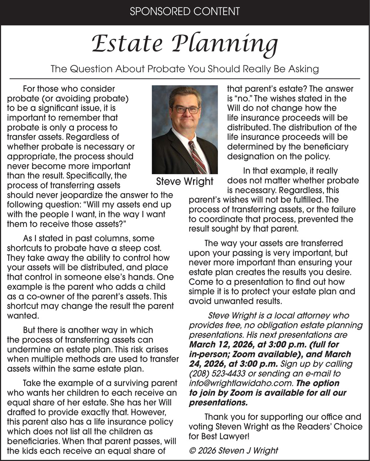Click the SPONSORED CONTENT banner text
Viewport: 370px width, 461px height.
pos(185,11)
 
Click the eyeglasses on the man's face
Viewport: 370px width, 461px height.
pos(186,109)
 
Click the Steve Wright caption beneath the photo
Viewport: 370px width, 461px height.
pos(185,181)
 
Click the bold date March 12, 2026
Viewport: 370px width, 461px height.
pos(219,345)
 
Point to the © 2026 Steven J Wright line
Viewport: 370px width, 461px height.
pos(233,451)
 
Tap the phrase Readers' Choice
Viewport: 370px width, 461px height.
pos(332,427)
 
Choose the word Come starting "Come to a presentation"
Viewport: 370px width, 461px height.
pos(200,282)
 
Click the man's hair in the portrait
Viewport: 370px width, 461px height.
pos(185,93)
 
